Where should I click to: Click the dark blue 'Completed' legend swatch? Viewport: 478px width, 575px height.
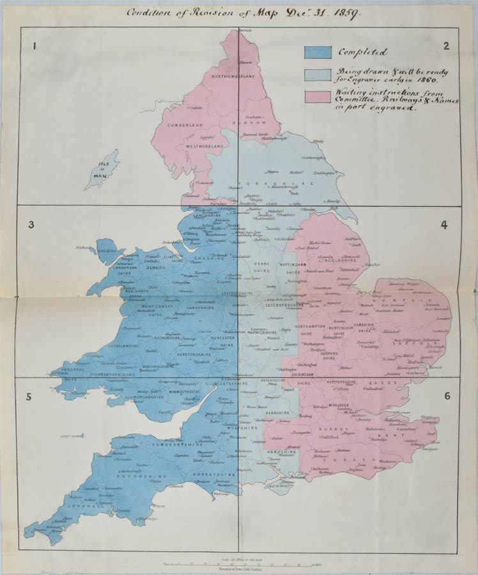(318, 52)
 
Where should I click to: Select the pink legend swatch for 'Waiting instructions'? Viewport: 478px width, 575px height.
(318, 96)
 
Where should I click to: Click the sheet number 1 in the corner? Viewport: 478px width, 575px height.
(36, 45)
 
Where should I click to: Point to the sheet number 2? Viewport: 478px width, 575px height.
(446, 45)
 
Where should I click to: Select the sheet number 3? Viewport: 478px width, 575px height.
(31, 224)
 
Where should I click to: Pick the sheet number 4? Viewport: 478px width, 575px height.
(443, 225)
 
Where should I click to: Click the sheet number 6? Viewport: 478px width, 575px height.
(447, 396)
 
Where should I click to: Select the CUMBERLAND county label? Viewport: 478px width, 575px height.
(185, 125)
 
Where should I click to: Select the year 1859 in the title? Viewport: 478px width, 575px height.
(345, 12)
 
